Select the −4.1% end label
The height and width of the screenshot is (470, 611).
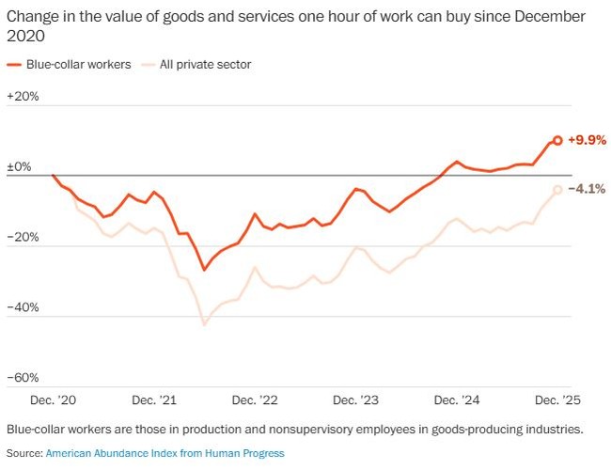tap(587, 189)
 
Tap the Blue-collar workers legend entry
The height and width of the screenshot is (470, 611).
tap(69, 64)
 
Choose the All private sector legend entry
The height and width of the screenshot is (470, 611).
tap(196, 64)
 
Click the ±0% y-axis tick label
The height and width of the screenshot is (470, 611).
tap(19, 167)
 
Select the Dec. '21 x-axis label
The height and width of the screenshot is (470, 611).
tap(155, 400)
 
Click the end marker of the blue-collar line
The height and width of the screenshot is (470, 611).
tap(557, 140)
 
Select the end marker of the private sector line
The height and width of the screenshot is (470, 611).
tap(557, 190)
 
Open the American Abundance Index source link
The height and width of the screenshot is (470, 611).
tap(164, 453)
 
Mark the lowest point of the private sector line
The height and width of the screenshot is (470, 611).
tap(205, 325)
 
